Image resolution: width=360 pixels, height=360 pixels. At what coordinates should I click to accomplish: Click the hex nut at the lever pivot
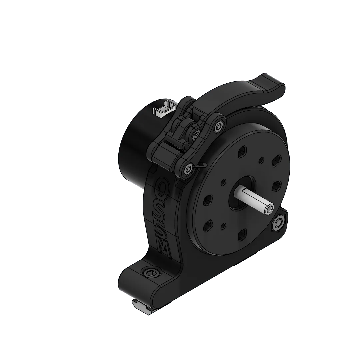219,126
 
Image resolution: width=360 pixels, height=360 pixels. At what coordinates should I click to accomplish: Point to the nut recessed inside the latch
196,135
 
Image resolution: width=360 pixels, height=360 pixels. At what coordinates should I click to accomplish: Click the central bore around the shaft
242,193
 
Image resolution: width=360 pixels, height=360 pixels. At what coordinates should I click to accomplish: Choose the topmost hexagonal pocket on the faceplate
243,152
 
